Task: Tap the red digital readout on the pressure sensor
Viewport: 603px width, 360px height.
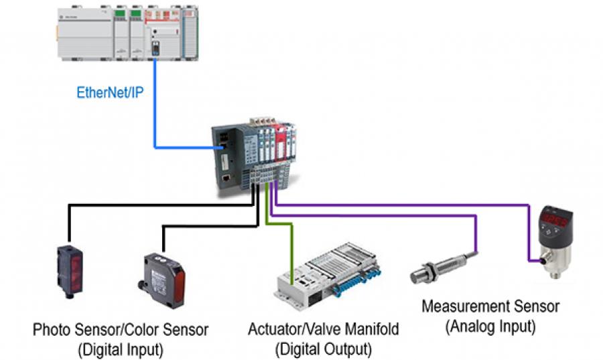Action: (555, 220)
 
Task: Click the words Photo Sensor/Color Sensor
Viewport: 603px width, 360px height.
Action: (121, 330)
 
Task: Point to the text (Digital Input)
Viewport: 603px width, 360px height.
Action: (121, 349)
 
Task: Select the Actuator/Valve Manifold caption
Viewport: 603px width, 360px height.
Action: (323, 330)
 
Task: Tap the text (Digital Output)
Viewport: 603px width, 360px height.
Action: (323, 349)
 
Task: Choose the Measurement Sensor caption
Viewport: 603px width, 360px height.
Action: (490, 307)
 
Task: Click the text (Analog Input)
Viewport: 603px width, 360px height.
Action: (490, 326)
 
